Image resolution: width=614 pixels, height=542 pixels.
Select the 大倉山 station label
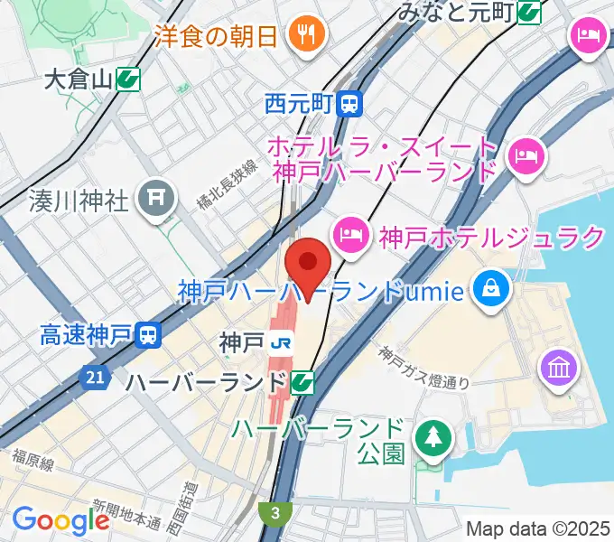[79, 79]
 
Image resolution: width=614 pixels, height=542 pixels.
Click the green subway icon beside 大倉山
[128, 79]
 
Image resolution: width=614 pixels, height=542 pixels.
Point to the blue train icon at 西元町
[349, 105]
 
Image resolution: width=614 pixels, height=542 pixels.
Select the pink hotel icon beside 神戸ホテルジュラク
[349, 237]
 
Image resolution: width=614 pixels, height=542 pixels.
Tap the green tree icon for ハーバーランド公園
[431, 438]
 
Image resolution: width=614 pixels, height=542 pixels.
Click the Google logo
[60, 520]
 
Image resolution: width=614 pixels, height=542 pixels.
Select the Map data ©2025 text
[538, 528]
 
